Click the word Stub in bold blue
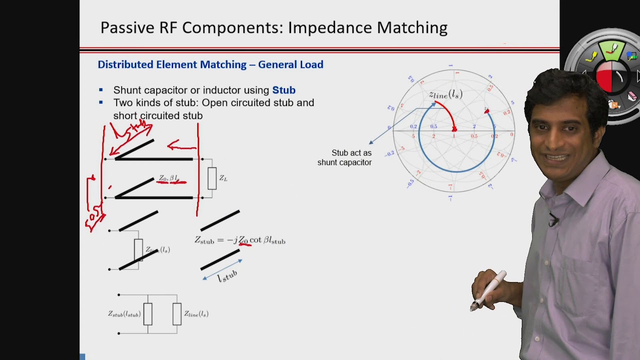click(x=283, y=90)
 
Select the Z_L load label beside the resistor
click(x=223, y=178)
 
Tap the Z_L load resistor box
click(x=212, y=178)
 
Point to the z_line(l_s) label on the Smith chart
click(x=445, y=94)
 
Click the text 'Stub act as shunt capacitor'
click(x=344, y=157)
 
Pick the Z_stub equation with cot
click(x=240, y=240)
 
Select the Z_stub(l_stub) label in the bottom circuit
click(x=124, y=314)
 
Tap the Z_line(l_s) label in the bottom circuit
click(x=196, y=314)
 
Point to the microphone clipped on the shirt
click(x=553, y=219)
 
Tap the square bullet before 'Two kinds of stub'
click(x=101, y=102)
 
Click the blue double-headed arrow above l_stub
click(x=222, y=269)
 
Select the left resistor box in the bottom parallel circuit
click(x=147, y=314)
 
